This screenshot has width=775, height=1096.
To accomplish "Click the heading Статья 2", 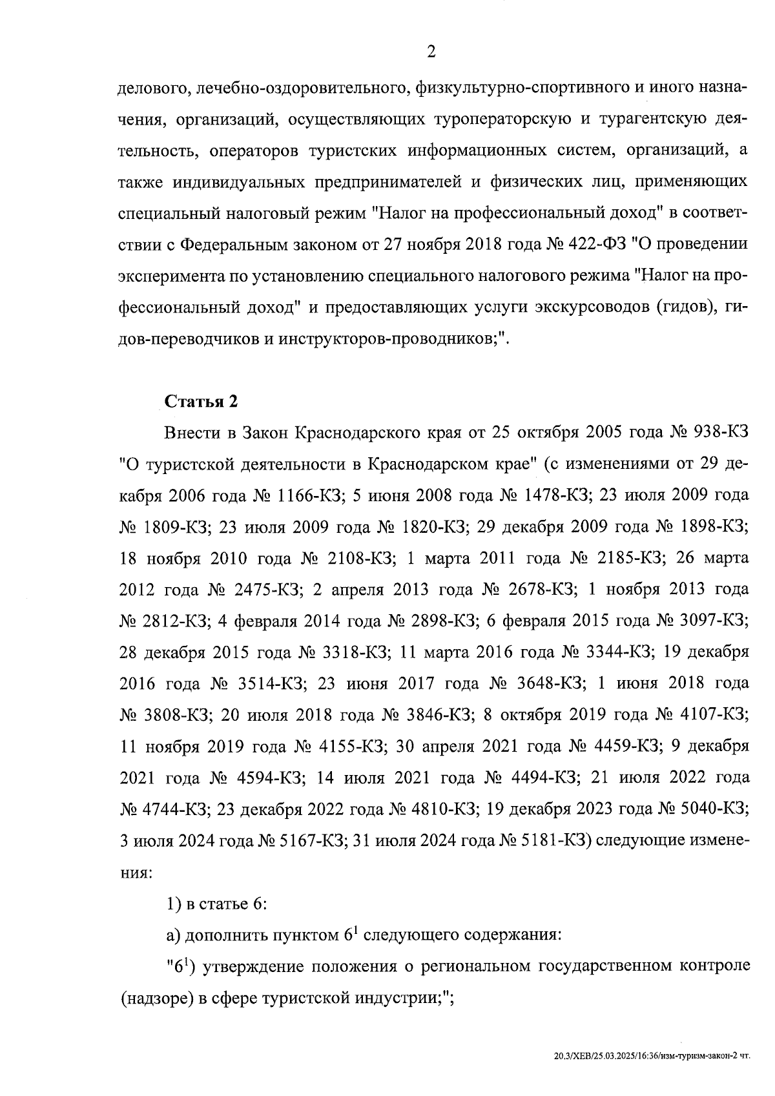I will [x=201, y=402].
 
